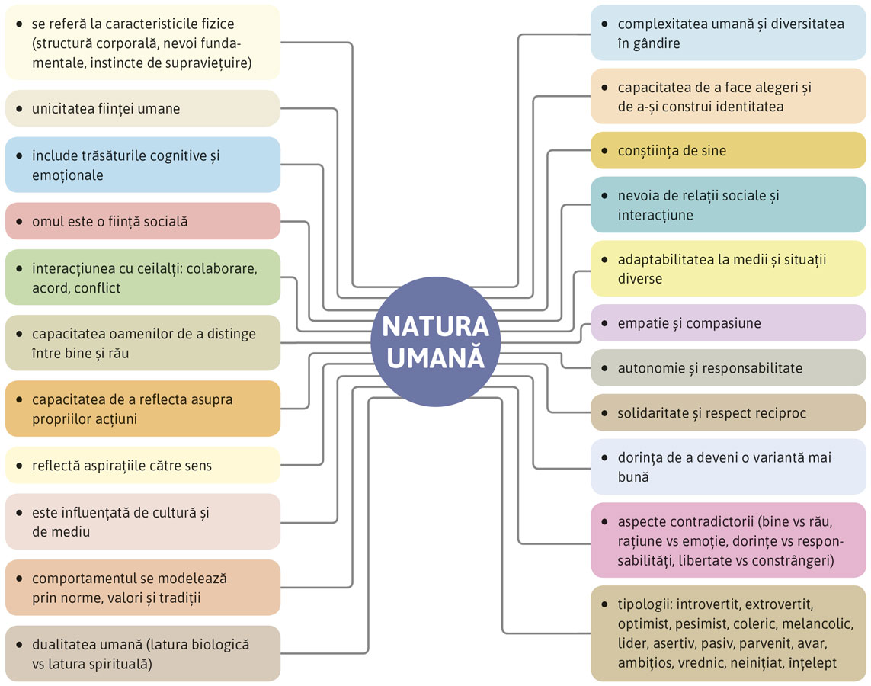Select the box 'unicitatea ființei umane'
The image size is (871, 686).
(x=142, y=108)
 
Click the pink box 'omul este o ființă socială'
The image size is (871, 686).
(x=142, y=221)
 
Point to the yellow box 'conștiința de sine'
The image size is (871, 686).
(x=729, y=151)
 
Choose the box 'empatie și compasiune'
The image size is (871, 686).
(x=729, y=323)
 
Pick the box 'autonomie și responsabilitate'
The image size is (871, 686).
(x=729, y=368)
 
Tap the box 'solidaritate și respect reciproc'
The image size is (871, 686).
(x=729, y=413)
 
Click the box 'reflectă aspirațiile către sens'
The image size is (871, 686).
(x=142, y=465)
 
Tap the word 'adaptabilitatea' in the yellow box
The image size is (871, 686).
(x=666, y=259)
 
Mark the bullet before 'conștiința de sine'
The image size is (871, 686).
(x=604, y=151)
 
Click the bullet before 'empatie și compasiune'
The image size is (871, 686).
(x=604, y=323)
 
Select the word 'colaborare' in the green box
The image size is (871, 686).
(x=223, y=269)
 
